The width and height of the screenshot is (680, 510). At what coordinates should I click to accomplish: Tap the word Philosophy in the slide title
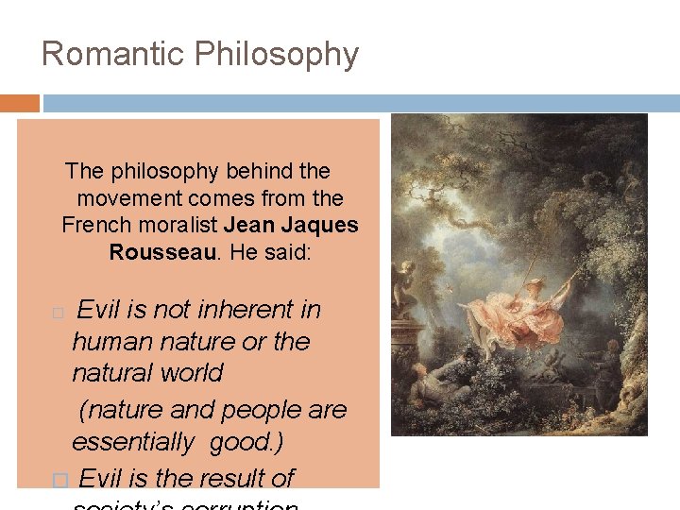click(x=277, y=55)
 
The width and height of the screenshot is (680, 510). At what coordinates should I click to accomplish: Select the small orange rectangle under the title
click(x=20, y=103)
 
